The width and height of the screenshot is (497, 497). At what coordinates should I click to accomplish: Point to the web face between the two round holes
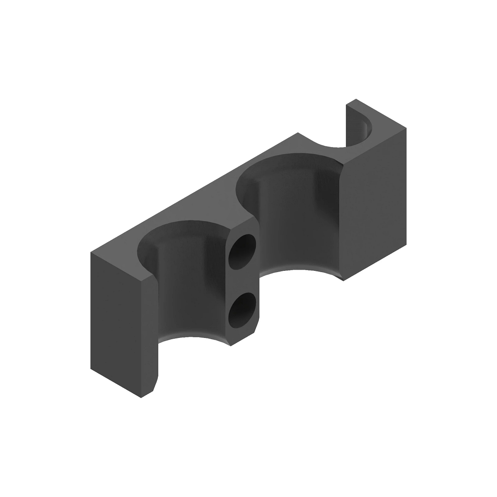click(x=244, y=280)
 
